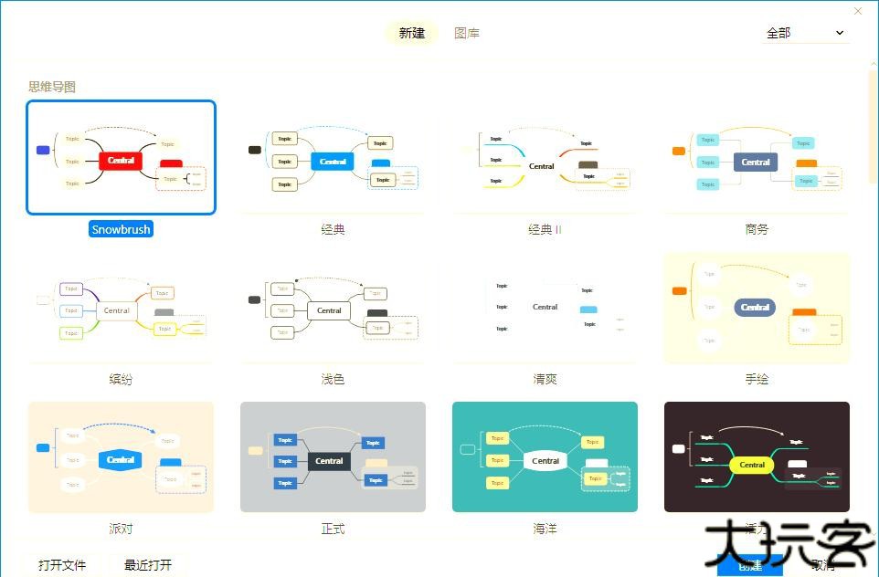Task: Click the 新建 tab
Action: coord(412,33)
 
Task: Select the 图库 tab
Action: coord(467,33)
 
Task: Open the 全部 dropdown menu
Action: coord(805,33)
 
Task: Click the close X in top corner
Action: coord(858,11)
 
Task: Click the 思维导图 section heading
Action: coord(52,87)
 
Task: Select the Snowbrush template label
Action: coord(121,229)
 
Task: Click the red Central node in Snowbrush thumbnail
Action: coord(121,161)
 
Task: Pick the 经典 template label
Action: coord(333,229)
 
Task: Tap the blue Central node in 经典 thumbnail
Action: coord(333,162)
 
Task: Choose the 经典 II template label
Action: coord(545,229)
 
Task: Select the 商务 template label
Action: coord(757,229)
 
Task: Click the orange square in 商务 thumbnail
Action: coord(678,151)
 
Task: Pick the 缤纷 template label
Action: coord(121,379)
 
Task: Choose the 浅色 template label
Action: coord(333,379)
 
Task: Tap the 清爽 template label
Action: coord(545,379)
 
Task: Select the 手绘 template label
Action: coord(757,379)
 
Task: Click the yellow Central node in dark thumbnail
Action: coord(752,465)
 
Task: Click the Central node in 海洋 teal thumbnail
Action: coord(545,461)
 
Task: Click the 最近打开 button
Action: coord(154,565)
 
